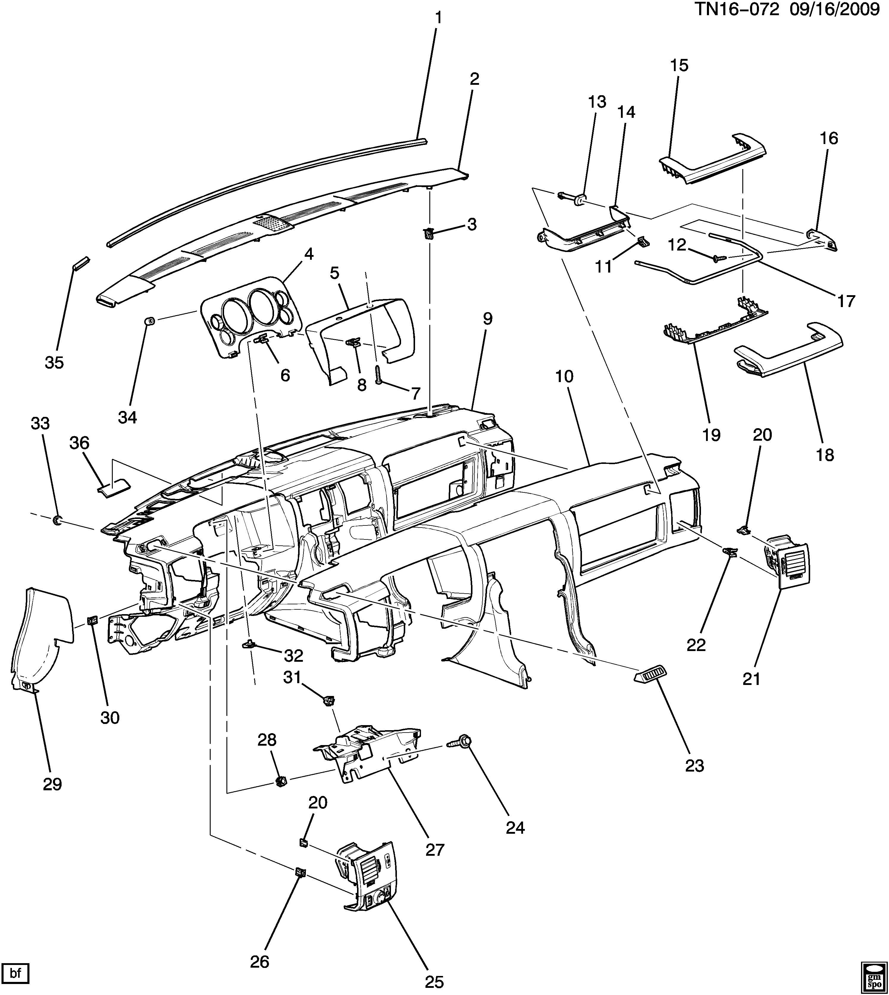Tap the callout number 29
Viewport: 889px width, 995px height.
click(52, 784)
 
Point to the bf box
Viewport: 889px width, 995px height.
click(16, 973)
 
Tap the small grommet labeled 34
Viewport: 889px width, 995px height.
click(151, 321)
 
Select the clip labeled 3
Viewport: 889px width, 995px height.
click(428, 234)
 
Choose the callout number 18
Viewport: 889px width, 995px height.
click(825, 455)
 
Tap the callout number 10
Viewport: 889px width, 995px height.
click(564, 376)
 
